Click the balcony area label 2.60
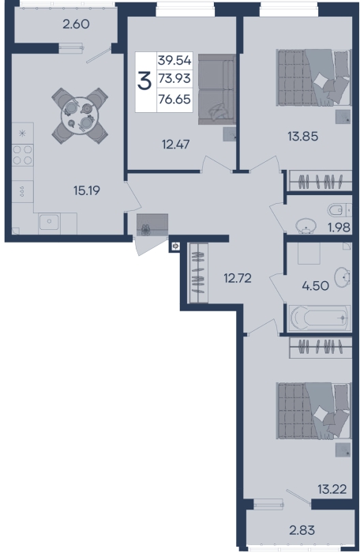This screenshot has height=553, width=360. (76, 24)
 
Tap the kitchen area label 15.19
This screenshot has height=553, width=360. (87, 190)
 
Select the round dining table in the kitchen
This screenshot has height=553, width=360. (79, 115)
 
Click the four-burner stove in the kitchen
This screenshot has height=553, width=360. (23, 155)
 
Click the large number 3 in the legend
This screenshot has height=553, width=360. (144, 81)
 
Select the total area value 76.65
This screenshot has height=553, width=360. (174, 100)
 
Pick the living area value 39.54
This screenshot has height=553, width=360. (174, 60)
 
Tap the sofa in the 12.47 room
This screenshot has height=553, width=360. (216, 89)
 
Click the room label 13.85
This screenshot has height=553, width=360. (303, 136)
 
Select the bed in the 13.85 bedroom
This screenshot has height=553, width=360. (314, 77)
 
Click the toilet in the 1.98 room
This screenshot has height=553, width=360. (339, 210)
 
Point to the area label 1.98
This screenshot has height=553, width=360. (339, 228)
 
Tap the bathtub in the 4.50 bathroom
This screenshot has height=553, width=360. (320, 318)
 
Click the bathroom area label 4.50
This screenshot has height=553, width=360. (315, 285)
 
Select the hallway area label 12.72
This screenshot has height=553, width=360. (238, 278)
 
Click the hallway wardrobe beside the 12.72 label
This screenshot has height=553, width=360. (198, 273)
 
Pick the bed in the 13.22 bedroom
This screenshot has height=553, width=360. (314, 412)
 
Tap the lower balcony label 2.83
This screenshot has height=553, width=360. (302, 530)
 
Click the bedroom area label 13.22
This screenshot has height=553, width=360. (332, 490)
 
